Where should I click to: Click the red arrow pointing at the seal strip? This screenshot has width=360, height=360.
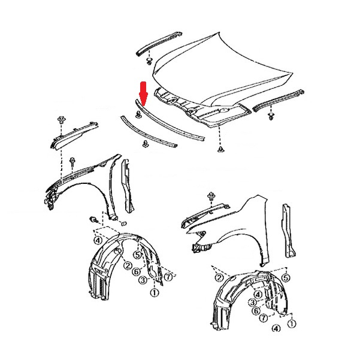(x=144, y=93)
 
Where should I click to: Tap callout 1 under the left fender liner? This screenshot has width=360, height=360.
(x=155, y=292)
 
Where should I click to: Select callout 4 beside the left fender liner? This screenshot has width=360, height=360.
(x=98, y=240)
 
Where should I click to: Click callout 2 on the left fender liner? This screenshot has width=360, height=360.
(x=128, y=265)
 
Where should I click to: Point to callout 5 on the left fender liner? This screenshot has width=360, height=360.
(x=138, y=255)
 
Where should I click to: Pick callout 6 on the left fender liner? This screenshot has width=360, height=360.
(x=137, y=271)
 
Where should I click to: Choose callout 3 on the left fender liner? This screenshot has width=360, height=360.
(x=143, y=280)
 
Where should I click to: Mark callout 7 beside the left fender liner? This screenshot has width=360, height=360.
(x=168, y=277)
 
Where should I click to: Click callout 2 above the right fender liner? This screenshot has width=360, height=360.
(x=219, y=278)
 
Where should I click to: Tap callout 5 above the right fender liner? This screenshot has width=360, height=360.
(x=286, y=278)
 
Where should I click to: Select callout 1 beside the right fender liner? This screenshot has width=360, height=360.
(x=292, y=324)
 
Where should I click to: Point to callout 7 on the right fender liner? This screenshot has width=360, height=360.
(x=264, y=318)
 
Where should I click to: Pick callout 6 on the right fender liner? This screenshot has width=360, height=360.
(x=256, y=311)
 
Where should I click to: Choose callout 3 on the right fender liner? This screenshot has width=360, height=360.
(x=253, y=302)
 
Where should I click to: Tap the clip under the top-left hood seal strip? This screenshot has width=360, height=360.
(x=150, y=61)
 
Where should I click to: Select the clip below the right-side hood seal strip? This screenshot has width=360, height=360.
(x=271, y=116)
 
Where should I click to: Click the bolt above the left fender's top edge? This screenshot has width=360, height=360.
(x=72, y=161)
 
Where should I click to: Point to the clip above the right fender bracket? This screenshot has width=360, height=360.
(x=210, y=196)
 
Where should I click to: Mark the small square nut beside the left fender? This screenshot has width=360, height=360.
(x=124, y=223)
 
